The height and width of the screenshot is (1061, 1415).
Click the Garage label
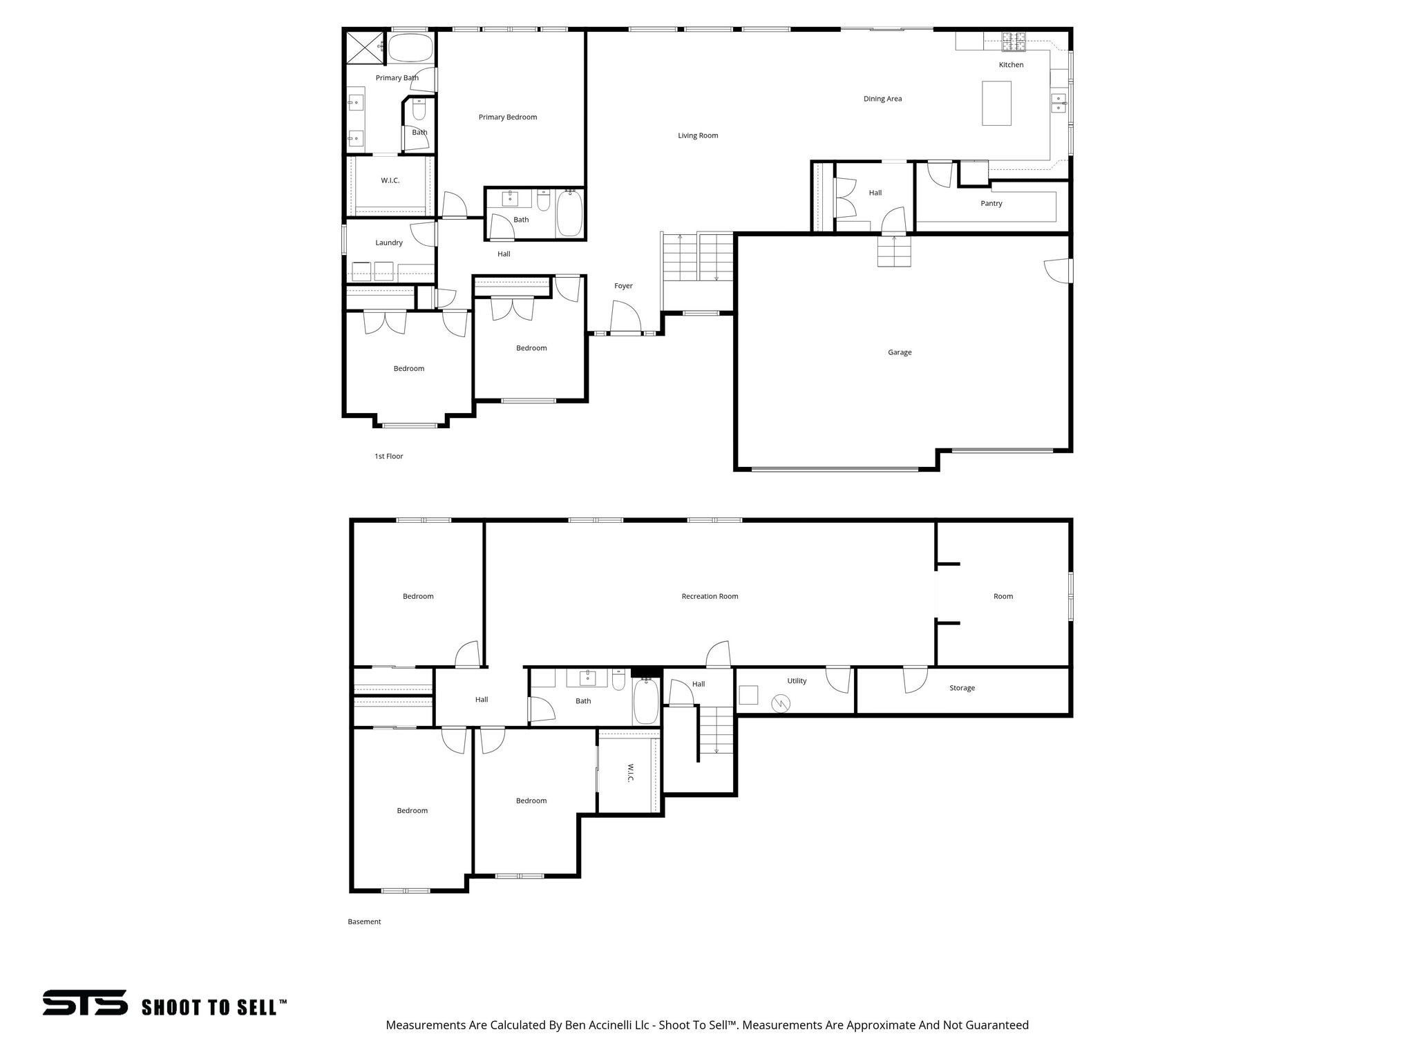click(900, 352)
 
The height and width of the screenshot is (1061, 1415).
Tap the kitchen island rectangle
click(996, 103)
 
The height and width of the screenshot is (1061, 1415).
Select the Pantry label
click(991, 204)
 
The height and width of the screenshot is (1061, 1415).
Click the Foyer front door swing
click(625, 318)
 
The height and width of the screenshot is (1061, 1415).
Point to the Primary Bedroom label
click(507, 117)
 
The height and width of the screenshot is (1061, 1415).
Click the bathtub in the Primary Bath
click(410, 48)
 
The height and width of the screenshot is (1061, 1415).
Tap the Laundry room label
click(389, 243)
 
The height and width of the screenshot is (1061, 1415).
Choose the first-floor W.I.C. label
click(390, 181)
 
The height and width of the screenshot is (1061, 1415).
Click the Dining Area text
click(882, 99)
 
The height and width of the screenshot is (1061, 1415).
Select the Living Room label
click(698, 135)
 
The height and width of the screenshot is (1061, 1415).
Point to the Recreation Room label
click(710, 596)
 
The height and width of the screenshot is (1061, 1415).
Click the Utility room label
click(797, 681)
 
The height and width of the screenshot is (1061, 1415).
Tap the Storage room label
click(962, 688)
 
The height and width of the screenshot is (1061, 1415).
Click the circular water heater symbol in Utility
click(781, 703)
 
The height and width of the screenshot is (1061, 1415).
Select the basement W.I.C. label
click(630, 773)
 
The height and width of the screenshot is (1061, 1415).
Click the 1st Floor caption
click(388, 457)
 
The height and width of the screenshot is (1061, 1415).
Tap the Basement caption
click(364, 921)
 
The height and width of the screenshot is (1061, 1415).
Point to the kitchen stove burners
click(1014, 42)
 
